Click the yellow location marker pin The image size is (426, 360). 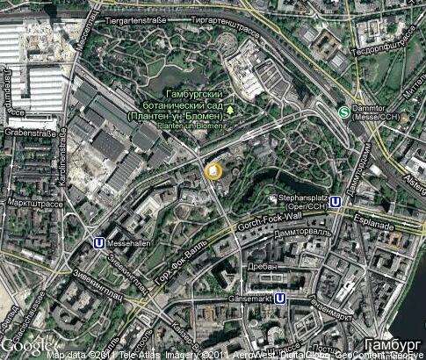pos(213,171)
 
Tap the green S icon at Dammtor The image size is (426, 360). pos(343,112)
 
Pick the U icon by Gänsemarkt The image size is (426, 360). pos(279,299)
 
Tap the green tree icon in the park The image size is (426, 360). pos(230,110)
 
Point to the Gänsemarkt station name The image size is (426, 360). pos(247,299)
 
